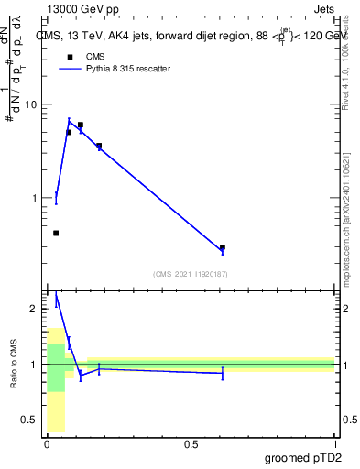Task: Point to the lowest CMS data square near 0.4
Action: pos(56,233)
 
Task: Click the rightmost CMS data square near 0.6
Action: pos(223,247)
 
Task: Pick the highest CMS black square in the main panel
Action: pos(81,125)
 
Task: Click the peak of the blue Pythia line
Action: pos(69,121)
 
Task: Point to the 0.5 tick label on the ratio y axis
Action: pos(29,420)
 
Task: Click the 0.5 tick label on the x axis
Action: pos(191,444)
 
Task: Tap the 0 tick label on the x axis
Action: pos(47,444)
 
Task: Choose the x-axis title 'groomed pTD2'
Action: pos(304,458)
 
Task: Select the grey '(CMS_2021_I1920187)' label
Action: pos(191,274)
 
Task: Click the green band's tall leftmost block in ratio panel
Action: pos(56,366)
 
